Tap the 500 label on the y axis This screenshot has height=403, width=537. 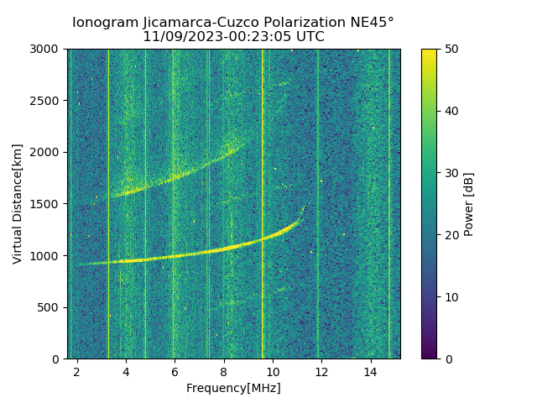click(x=50, y=307)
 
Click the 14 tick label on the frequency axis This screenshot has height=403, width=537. click(x=370, y=372)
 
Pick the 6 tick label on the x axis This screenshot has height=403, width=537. click(x=175, y=372)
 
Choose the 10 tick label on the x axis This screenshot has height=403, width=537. click(x=272, y=372)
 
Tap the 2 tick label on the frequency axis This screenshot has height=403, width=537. click(x=77, y=372)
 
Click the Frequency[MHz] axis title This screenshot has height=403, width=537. click(x=233, y=388)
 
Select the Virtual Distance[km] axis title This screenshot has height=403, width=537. click(x=18, y=203)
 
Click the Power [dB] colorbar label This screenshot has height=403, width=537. click(x=469, y=203)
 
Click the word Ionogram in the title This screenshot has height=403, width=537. click(x=105, y=23)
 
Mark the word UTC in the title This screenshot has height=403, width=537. click(x=308, y=37)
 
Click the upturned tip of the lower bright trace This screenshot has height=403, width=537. click(x=303, y=208)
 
